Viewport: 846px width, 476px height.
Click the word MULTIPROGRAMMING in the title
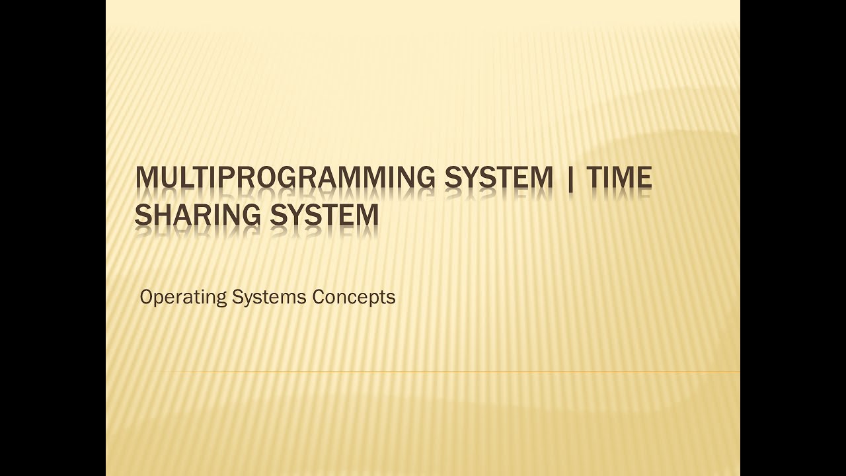pyautogui.click(x=285, y=178)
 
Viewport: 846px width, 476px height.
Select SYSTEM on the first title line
pyautogui.click(x=498, y=178)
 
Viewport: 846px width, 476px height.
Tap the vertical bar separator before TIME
pyautogui.click(x=570, y=178)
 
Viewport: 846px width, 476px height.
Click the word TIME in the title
pyautogui.click(x=619, y=178)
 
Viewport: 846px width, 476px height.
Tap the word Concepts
pyautogui.click(x=354, y=297)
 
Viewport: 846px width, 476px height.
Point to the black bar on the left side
pyautogui.click(x=53, y=238)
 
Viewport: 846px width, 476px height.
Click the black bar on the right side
pyautogui.click(x=793, y=238)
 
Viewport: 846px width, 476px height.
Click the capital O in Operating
pyautogui.click(x=146, y=297)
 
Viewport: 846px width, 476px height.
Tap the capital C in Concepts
pyautogui.click(x=318, y=297)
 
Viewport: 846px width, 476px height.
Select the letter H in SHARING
pyautogui.click(x=161, y=215)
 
